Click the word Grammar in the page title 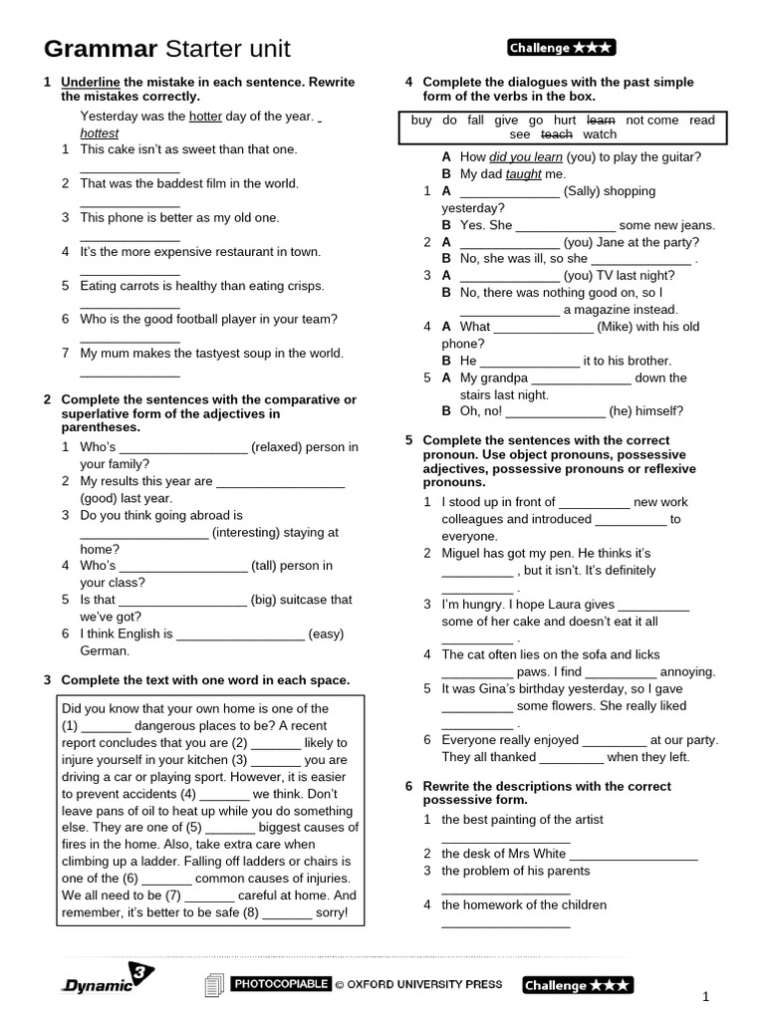[x=101, y=49]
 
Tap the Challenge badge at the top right [x=561, y=47]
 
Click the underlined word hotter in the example [x=205, y=117]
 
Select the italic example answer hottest [x=100, y=133]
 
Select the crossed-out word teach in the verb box [x=557, y=134]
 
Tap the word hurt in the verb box [x=565, y=120]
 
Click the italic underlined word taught [x=523, y=174]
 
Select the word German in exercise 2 [x=105, y=650]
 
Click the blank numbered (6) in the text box [x=165, y=879]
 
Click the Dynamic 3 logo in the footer [x=108, y=980]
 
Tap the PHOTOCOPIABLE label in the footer [x=281, y=984]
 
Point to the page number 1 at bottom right [x=705, y=996]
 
